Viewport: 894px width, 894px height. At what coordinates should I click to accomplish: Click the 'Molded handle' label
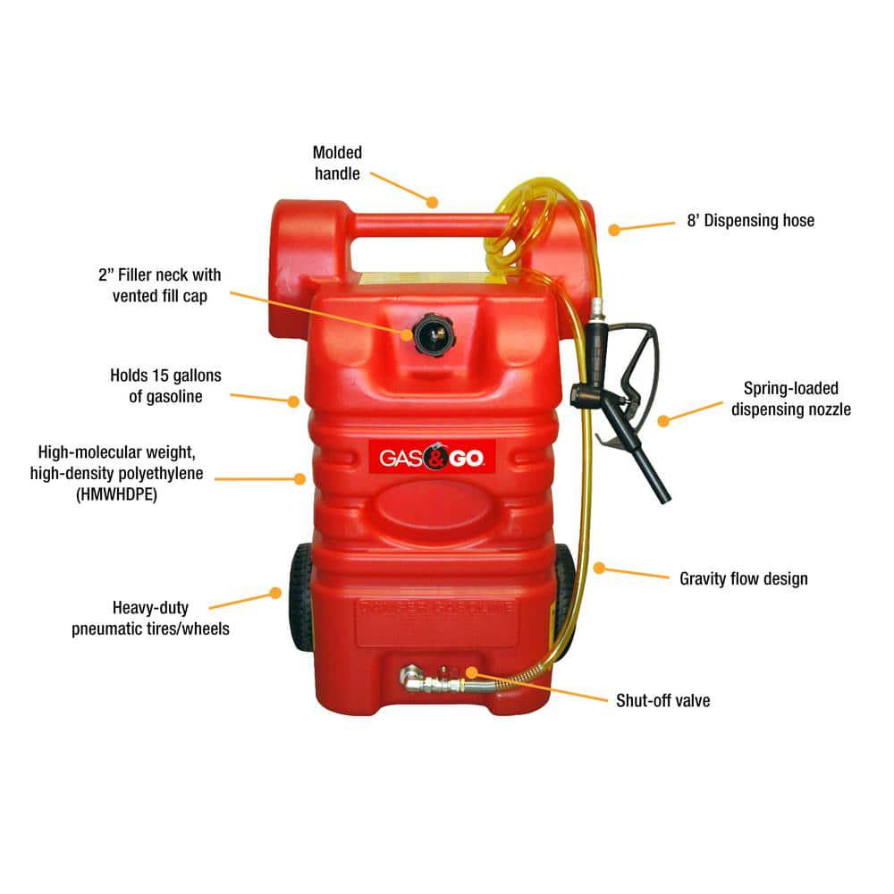click(x=337, y=163)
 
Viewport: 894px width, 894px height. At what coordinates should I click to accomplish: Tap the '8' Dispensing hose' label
click(x=750, y=221)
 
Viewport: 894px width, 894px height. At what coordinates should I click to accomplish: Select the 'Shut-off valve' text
click(x=662, y=701)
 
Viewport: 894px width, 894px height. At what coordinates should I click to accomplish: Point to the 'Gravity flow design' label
click(x=743, y=578)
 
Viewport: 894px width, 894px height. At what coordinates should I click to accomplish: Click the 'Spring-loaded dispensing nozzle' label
click(x=790, y=399)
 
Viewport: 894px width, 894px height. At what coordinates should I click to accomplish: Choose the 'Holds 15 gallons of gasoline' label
click(x=165, y=385)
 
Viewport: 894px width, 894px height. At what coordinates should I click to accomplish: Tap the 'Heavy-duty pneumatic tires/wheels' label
click(x=150, y=618)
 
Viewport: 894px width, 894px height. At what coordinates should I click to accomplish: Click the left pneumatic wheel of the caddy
click(x=300, y=595)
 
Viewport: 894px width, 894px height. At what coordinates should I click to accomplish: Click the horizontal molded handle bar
click(x=420, y=223)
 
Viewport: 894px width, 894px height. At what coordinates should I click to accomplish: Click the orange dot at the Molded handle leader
click(x=433, y=201)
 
